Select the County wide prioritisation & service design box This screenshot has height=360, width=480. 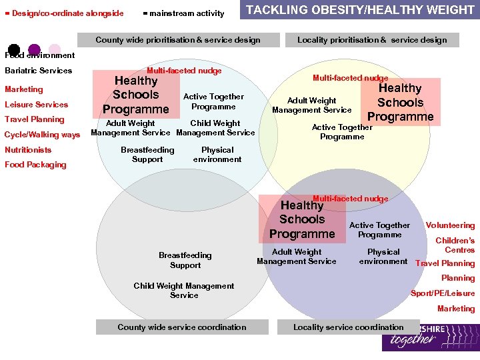[178, 40]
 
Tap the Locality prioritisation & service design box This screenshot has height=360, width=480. [372, 40]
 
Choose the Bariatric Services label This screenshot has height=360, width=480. [38, 71]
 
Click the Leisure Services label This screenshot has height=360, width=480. [36, 105]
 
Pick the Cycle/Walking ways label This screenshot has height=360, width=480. [42, 135]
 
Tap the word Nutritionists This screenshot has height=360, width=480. [28, 150]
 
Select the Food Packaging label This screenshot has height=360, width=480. [35, 165]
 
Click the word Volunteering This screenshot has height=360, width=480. [450, 225]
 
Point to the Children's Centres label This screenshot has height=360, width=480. [456, 245]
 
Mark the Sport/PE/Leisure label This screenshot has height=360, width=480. [443, 293]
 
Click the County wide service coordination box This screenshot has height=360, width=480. [181, 327]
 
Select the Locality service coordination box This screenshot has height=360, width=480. [348, 327]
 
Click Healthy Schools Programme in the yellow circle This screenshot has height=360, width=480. [400, 103]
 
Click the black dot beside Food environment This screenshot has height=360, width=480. [13, 49]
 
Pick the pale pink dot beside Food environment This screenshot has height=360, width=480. [55, 49]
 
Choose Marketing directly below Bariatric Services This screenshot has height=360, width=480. [23, 89]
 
